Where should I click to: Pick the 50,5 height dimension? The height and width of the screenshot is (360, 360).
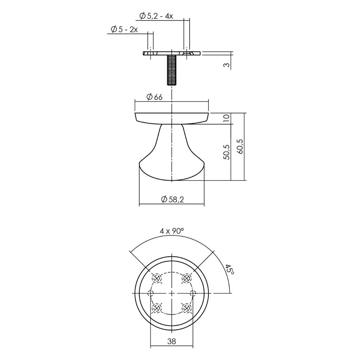(226, 152)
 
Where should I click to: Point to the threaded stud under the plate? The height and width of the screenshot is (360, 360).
(172, 71)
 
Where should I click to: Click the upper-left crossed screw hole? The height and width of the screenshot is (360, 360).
(157, 278)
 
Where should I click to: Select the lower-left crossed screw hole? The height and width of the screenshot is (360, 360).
(157, 308)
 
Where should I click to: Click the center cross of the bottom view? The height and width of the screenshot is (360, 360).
(172, 293)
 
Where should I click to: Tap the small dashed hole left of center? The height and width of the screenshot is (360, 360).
(151, 293)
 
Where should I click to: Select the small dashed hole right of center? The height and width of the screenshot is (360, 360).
(193, 293)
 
